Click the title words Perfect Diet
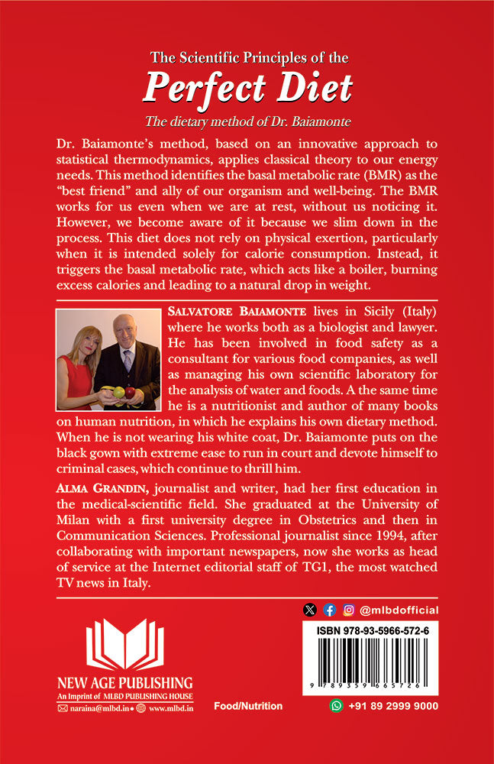(247, 88)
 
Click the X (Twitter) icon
(309, 610)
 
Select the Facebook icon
(329, 610)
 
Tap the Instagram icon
(349, 610)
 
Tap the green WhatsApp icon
(336, 706)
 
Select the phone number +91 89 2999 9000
(393, 707)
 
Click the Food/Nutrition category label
(248, 707)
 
